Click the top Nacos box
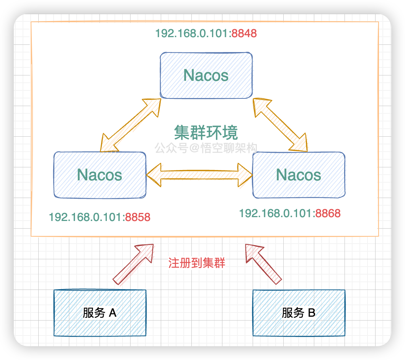tap(206, 75)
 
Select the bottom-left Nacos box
tap(100, 175)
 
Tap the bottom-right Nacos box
tap(299, 175)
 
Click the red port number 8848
tap(244, 34)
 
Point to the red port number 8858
tap(138, 218)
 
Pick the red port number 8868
tap(328, 213)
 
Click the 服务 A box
tap(100, 313)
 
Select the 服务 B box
tap(299, 313)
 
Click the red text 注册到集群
tap(197, 263)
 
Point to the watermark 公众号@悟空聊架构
tap(206, 148)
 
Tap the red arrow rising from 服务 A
tap(133, 265)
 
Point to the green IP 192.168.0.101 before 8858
tap(87, 218)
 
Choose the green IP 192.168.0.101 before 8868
tap(276, 213)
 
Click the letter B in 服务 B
tap(311, 313)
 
